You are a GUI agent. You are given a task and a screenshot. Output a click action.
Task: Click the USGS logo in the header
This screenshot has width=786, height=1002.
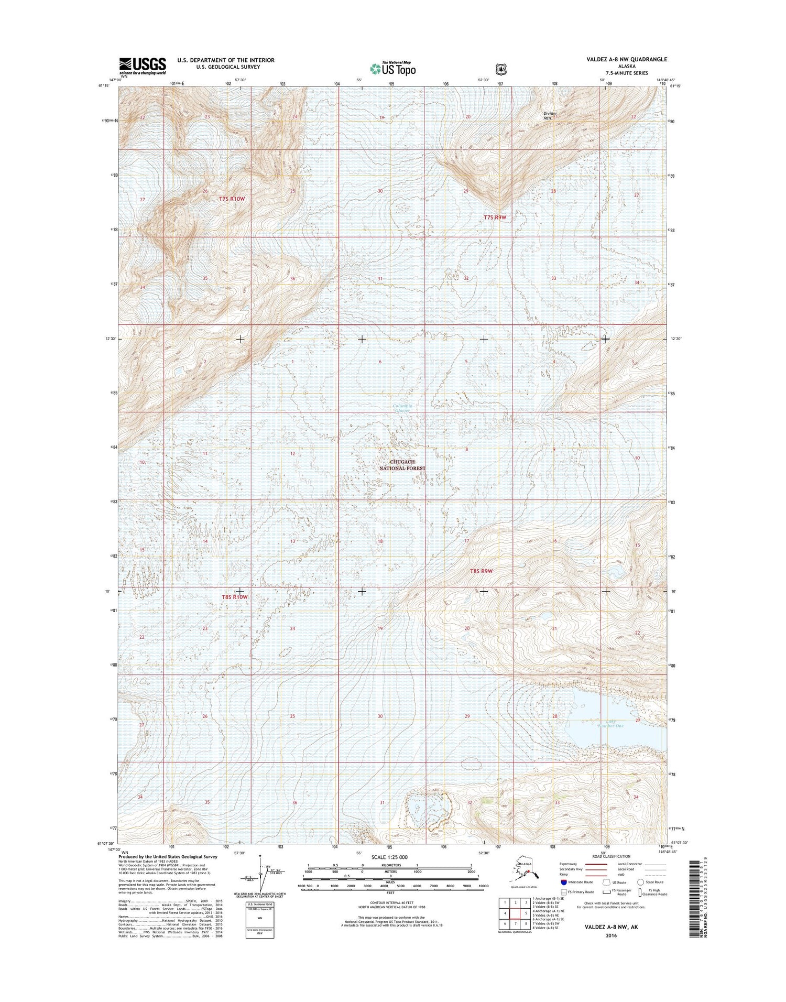pyautogui.click(x=143, y=65)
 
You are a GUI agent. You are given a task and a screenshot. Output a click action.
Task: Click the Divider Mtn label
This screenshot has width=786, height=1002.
pyautogui.click(x=550, y=115)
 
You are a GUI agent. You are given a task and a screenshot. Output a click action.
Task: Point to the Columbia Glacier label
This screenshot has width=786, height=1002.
pyautogui.click(x=403, y=408)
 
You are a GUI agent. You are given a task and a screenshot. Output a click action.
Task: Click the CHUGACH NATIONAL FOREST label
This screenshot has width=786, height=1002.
pyautogui.click(x=408, y=465)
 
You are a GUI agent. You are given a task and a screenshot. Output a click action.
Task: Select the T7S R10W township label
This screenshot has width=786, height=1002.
pyautogui.click(x=232, y=199)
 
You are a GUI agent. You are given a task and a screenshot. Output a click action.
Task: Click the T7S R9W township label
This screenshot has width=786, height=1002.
pyautogui.click(x=495, y=216)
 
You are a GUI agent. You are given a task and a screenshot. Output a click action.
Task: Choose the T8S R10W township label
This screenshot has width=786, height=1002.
pyautogui.click(x=234, y=597)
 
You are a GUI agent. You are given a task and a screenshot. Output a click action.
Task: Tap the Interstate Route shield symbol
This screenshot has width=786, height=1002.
pyautogui.click(x=563, y=881)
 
